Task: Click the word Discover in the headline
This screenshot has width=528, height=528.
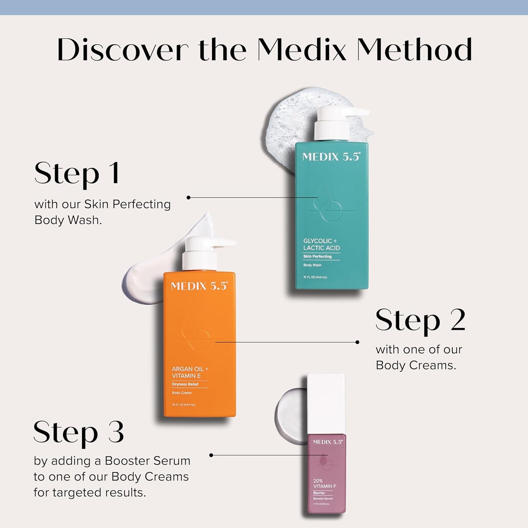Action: pyautogui.click(x=122, y=50)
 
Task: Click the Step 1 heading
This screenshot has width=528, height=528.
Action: pyautogui.click(x=77, y=173)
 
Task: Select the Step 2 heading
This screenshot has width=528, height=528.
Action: pyautogui.click(x=420, y=320)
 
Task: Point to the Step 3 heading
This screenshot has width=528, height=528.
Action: pyautogui.click(x=79, y=432)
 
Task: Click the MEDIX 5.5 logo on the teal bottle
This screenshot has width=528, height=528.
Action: pyautogui.click(x=331, y=157)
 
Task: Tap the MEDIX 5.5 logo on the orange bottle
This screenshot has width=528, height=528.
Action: pyautogui.click(x=199, y=286)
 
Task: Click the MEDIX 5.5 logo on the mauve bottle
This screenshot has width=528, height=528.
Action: pyautogui.click(x=327, y=442)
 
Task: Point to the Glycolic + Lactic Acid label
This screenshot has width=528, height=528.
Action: pyautogui.click(x=321, y=244)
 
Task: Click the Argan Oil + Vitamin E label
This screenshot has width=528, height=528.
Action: pyautogui.click(x=190, y=372)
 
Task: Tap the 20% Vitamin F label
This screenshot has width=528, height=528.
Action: pyautogui.click(x=324, y=483)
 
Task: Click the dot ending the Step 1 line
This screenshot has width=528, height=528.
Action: pyautogui.click(x=189, y=198)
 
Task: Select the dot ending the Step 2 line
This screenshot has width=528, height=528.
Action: pyautogui.click(x=357, y=342)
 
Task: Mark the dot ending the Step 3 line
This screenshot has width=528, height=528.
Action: pyautogui.click(x=211, y=455)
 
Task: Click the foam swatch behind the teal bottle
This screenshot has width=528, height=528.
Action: pyautogui.click(x=289, y=121)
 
